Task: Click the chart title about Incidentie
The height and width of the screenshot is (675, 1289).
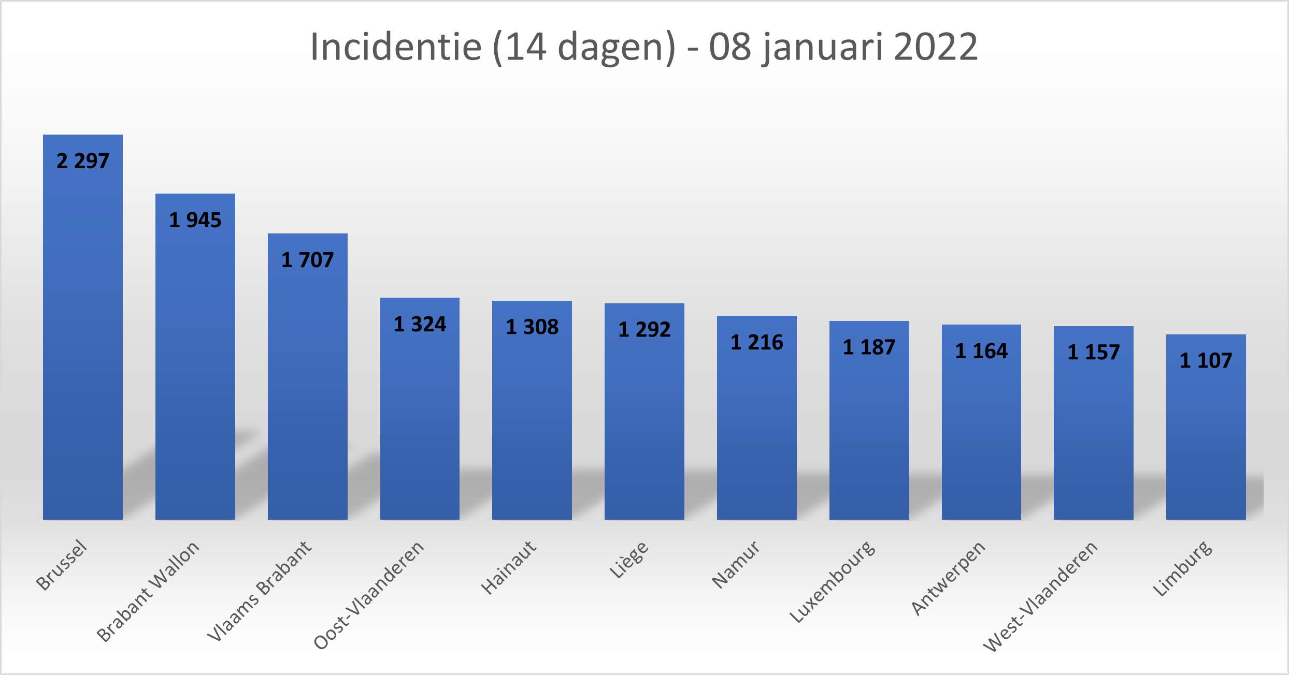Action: tap(644, 47)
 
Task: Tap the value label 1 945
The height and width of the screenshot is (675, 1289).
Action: tap(195, 221)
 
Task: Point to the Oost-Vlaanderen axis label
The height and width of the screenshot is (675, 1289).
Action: tap(369, 595)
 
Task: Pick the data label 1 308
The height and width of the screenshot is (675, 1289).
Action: tap(532, 327)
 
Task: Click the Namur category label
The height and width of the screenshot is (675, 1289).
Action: tap(736, 565)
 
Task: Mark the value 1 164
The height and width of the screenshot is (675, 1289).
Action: tap(981, 351)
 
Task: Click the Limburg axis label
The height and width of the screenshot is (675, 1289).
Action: tap(1182, 568)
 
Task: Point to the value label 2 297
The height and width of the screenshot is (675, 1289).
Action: tap(83, 162)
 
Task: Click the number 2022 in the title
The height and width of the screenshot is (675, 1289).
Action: tap(936, 47)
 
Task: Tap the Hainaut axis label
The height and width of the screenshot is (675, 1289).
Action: tap(508, 567)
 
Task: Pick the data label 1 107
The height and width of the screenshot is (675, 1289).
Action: tap(1206, 361)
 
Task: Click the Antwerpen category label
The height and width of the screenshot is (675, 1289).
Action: tap(948, 578)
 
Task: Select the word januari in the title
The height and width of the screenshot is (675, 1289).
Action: tap(822, 48)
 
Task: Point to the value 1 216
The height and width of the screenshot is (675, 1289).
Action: tap(756, 343)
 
